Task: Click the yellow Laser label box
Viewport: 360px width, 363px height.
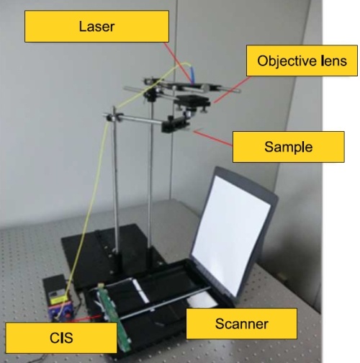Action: pyautogui.click(x=96, y=27)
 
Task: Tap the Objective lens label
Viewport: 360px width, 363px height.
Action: pyautogui.click(x=302, y=60)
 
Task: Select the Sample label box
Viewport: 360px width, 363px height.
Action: pyautogui.click(x=289, y=147)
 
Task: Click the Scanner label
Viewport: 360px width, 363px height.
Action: pyautogui.click(x=241, y=323)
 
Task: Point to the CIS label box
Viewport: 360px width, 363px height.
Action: pyautogui.click(x=61, y=338)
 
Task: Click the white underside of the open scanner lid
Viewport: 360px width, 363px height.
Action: pyautogui.click(x=232, y=236)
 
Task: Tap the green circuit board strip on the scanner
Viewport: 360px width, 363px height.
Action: pyautogui.click(x=114, y=316)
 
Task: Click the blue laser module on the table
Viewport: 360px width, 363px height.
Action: pyautogui.click(x=60, y=311)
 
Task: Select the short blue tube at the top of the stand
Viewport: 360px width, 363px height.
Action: pyautogui.click(x=192, y=75)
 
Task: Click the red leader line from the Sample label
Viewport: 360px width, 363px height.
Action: pyautogui.click(x=213, y=138)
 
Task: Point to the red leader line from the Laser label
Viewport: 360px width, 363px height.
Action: pyautogui.click(x=178, y=63)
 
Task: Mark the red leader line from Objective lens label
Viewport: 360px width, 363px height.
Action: pyautogui.click(x=232, y=89)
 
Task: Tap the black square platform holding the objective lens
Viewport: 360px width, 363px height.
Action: pyautogui.click(x=192, y=100)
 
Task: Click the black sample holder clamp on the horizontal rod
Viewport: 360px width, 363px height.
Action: pyautogui.click(x=176, y=125)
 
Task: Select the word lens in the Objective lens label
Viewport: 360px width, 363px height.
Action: pyautogui.click(x=334, y=60)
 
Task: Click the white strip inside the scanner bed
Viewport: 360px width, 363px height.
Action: pyautogui.click(x=140, y=290)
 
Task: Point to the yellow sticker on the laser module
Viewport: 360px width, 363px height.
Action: pyautogui.click(x=58, y=299)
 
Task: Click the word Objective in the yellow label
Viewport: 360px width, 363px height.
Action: pyautogui.click(x=287, y=61)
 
